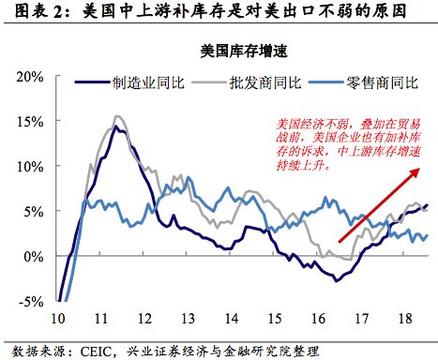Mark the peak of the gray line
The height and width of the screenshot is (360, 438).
pyautogui.click(x=117, y=116)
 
